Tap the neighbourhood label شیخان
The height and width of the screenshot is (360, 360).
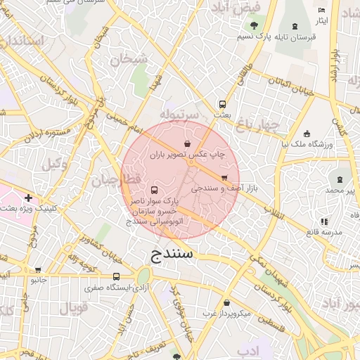click(127, 60)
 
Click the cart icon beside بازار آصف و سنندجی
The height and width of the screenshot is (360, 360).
click(224, 177)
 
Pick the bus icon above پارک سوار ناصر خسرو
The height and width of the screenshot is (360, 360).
click(155, 190)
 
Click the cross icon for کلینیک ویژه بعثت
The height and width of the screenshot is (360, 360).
click(28, 198)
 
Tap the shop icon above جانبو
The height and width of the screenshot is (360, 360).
click(37, 269)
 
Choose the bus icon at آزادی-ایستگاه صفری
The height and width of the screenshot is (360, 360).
click(116, 276)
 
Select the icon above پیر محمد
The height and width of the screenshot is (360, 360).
click(340, 179)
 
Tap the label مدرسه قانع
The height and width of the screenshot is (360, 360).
click(330, 232)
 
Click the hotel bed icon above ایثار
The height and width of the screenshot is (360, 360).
click(321, 11)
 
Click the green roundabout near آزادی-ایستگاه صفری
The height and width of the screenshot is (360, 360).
click(144, 276)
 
